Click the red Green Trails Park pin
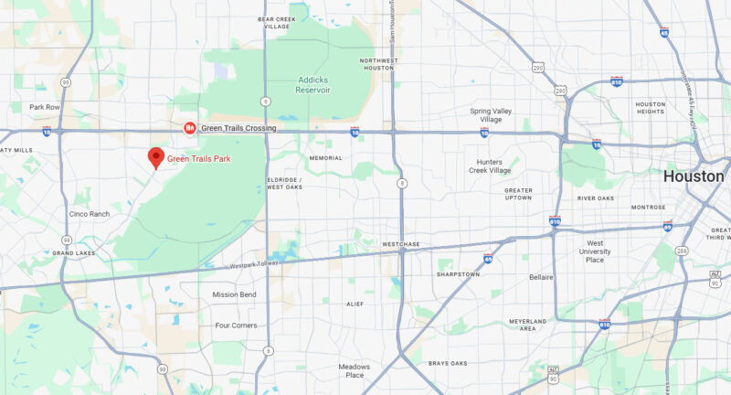click(x=156, y=157)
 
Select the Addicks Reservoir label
click(x=313, y=85)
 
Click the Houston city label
click(x=694, y=176)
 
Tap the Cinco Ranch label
click(x=89, y=214)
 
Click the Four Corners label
click(x=236, y=326)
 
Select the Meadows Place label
click(x=354, y=370)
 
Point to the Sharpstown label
click(x=457, y=273)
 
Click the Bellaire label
click(x=541, y=276)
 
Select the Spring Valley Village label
click(x=493, y=115)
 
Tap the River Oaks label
click(x=595, y=198)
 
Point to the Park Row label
click(x=44, y=107)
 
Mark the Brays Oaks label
click(x=448, y=363)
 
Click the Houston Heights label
click(x=650, y=108)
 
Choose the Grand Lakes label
click(x=74, y=252)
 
